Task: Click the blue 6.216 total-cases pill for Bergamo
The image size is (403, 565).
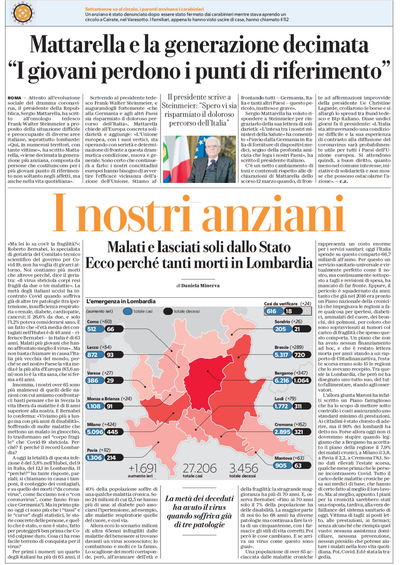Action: (282, 380)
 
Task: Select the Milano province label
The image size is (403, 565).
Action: (94, 424)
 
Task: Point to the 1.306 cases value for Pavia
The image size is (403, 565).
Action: (94, 458)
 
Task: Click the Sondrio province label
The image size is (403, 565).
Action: (282, 322)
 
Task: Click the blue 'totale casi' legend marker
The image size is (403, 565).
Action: (128, 311)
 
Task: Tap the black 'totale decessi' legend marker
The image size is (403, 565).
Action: (168, 311)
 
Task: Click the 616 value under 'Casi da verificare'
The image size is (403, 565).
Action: (272, 311)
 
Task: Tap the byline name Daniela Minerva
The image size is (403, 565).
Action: (200, 286)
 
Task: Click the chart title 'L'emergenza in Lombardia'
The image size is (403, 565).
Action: (121, 301)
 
